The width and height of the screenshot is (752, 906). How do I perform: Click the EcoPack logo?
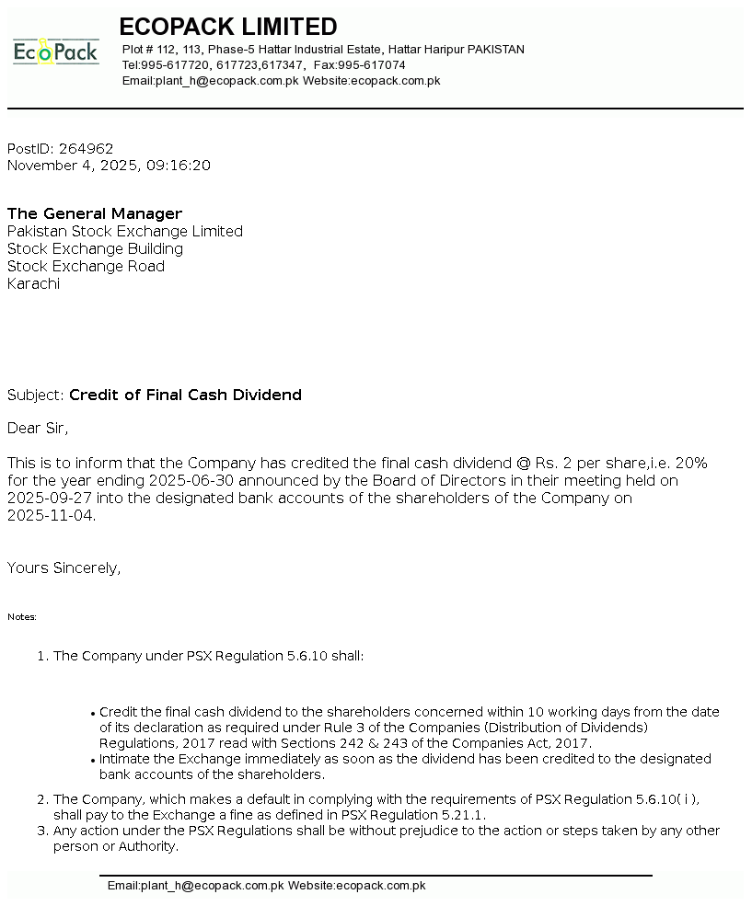coord(55,52)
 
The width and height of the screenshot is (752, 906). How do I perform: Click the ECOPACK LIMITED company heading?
coord(228,27)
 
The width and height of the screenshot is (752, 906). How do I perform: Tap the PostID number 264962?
coord(87,149)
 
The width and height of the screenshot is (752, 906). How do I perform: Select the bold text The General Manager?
coord(95,214)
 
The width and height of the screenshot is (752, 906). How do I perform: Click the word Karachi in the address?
coord(33,284)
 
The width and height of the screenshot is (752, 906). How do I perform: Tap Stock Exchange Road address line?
coord(86,267)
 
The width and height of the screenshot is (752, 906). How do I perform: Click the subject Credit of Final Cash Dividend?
coord(185,396)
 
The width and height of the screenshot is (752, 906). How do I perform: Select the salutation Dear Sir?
coord(38,428)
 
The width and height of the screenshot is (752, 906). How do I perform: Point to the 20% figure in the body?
coord(690,463)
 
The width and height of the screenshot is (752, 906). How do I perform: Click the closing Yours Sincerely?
coord(64,568)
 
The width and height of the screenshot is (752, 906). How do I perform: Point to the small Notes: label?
coord(22,617)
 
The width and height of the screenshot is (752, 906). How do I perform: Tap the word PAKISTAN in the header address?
coord(496,50)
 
